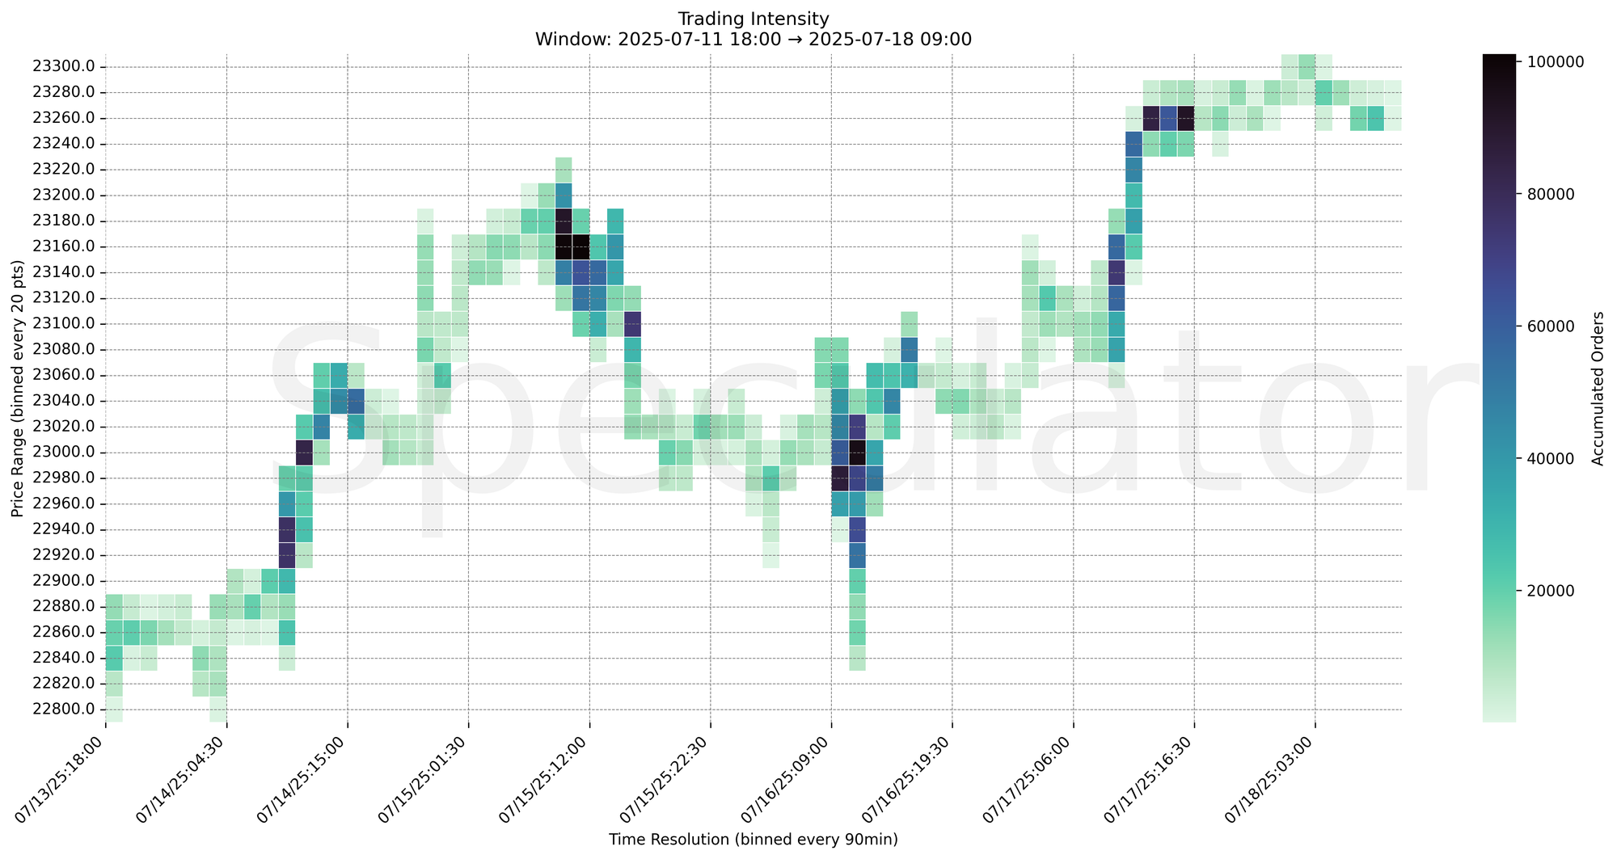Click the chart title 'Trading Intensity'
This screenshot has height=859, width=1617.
tap(753, 18)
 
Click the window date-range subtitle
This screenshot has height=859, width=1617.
tap(753, 39)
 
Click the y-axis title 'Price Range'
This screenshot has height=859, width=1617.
tap(18, 389)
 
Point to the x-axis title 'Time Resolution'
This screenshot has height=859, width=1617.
tap(753, 840)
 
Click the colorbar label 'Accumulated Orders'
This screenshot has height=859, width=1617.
tap(1598, 389)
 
